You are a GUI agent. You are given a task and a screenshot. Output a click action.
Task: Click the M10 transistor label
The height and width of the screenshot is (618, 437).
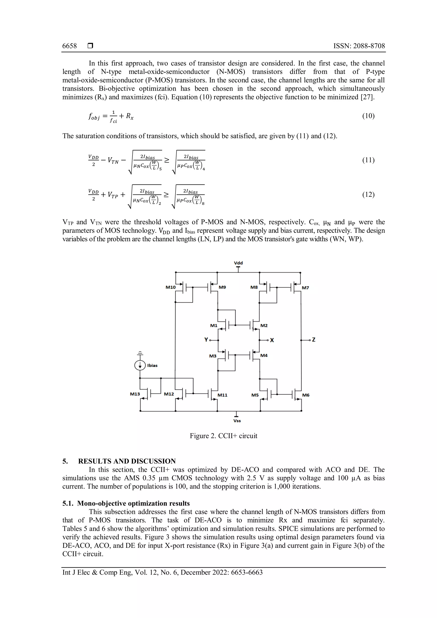(x=170, y=287)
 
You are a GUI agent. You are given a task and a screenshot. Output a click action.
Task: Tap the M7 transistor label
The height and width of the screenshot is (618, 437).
(x=305, y=288)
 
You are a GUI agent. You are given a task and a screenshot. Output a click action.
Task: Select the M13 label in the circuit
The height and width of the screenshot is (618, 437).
(x=135, y=394)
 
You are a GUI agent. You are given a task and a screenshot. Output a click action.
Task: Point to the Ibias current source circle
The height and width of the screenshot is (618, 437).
(x=140, y=366)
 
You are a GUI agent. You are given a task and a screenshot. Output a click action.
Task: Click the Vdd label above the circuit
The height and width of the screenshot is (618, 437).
(x=238, y=263)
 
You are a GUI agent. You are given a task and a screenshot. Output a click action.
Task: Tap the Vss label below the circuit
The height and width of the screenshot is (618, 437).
(x=237, y=421)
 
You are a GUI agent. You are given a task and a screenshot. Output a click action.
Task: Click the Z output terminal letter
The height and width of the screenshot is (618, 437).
(x=313, y=340)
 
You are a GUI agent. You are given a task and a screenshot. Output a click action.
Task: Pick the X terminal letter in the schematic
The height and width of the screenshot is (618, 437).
(x=272, y=340)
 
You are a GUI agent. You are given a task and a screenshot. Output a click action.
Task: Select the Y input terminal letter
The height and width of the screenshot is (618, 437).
(x=206, y=340)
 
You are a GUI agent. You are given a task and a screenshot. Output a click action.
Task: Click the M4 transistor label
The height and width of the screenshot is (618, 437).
(x=264, y=356)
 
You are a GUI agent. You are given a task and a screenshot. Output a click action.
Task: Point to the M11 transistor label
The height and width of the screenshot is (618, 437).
(x=222, y=395)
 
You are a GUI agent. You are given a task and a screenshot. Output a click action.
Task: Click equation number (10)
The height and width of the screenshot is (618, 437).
(x=368, y=116)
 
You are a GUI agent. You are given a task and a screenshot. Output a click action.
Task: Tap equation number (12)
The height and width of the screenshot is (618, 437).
(x=368, y=195)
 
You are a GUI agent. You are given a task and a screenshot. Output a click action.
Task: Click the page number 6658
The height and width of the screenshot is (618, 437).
(x=69, y=46)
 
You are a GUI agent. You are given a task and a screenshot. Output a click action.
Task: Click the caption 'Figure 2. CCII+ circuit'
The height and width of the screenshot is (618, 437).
(x=223, y=436)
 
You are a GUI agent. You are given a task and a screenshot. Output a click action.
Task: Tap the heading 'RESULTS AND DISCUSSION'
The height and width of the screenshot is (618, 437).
(x=127, y=461)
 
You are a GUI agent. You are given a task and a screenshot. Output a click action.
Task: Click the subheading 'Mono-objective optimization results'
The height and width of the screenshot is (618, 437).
(x=133, y=503)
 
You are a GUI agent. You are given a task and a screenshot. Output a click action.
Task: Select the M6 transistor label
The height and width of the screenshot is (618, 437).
(x=306, y=395)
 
